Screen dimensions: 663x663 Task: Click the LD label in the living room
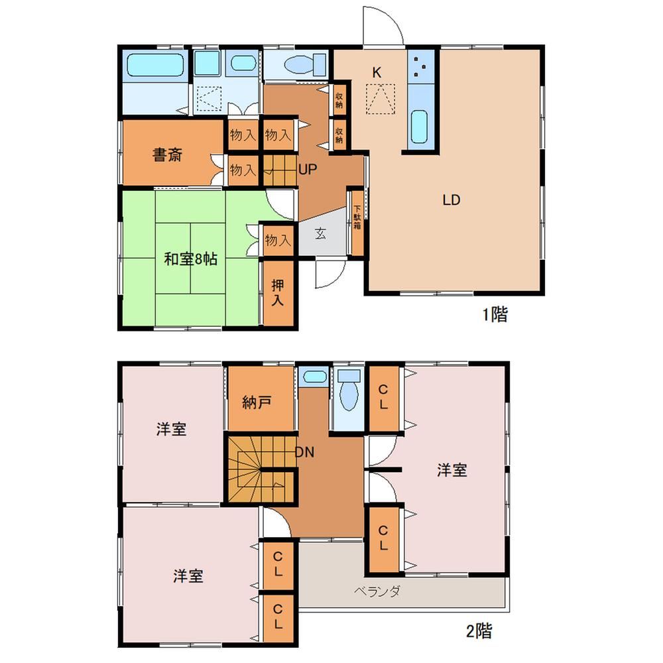pyautogui.click(x=451, y=200)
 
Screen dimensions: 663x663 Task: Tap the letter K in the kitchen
pyautogui.click(x=377, y=73)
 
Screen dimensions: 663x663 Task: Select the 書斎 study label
pyautogui.click(x=168, y=154)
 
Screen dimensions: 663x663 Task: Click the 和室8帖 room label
pyautogui.click(x=191, y=259)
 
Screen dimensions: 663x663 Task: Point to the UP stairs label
pyautogui.click(x=308, y=170)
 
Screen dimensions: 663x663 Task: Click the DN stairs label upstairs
pyautogui.click(x=304, y=452)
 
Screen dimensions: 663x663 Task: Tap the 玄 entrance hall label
pyautogui.click(x=320, y=233)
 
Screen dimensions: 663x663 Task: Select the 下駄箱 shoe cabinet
pyautogui.click(x=357, y=223)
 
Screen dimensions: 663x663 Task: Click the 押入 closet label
pyautogui.click(x=277, y=292)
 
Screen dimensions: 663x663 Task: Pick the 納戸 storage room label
pyautogui.click(x=257, y=402)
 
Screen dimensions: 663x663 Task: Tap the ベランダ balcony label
pyautogui.click(x=377, y=591)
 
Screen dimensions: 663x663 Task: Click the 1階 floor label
pyautogui.click(x=495, y=314)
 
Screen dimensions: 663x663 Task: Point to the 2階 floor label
pyautogui.click(x=479, y=631)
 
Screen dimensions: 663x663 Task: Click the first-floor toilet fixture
pyautogui.click(x=304, y=66)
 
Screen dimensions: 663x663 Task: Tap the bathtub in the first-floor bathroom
pyautogui.click(x=156, y=65)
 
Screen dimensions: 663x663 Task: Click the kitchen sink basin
pyautogui.click(x=420, y=127)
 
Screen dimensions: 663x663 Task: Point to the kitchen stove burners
pyautogui.click(x=420, y=66)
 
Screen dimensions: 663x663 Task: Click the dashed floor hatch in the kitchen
pyautogui.click(x=381, y=99)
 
